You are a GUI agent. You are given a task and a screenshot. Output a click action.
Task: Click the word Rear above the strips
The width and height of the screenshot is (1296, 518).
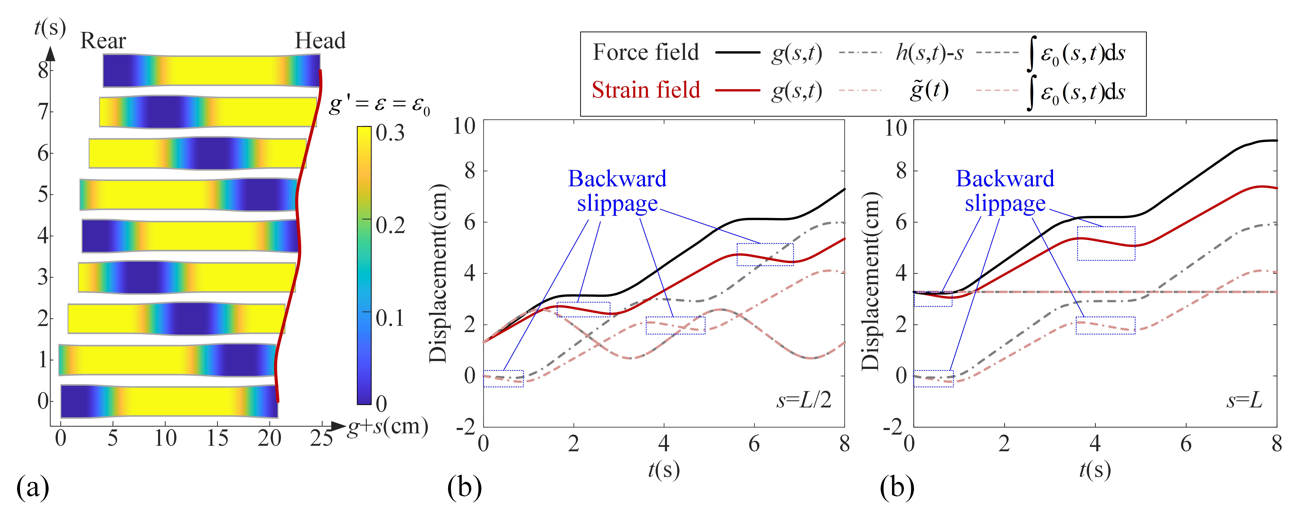coord(103,41)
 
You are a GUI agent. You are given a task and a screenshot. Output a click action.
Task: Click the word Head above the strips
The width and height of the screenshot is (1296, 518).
coord(320,41)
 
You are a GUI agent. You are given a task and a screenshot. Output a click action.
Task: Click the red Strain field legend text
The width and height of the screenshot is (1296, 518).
coord(646,90)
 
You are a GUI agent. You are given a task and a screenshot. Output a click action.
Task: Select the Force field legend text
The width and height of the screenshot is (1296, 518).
coord(646,52)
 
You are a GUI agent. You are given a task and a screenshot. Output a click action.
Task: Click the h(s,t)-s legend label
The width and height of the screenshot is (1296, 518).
coord(929,52)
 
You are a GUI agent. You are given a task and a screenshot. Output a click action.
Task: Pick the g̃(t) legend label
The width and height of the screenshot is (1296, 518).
coord(929,90)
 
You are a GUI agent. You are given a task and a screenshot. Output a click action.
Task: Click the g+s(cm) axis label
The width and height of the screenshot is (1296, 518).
coord(387,427)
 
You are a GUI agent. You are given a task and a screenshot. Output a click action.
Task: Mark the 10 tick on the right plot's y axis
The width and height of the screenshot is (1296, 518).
coord(895,128)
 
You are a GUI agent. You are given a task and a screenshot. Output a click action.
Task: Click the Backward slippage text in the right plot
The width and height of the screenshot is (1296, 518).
coord(1005,191)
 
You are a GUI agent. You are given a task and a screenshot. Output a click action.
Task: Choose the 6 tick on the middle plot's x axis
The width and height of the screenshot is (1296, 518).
coord(754,444)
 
